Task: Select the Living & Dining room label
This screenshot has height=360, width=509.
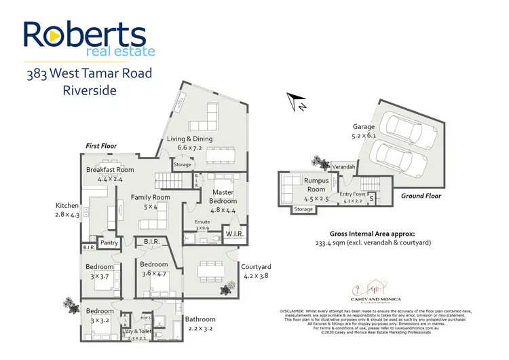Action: coord(190,143)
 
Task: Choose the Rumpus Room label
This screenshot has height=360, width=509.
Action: coord(316,185)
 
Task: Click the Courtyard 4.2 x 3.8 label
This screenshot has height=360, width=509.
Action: coord(257,271)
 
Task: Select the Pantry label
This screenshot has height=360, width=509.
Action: coord(109,242)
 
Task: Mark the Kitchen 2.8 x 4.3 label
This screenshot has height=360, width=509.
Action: coord(68,210)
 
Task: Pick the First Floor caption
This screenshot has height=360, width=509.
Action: coord(102,146)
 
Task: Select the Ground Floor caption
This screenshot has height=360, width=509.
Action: coord(421,196)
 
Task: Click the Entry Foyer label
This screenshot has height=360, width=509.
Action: coord(353,197)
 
